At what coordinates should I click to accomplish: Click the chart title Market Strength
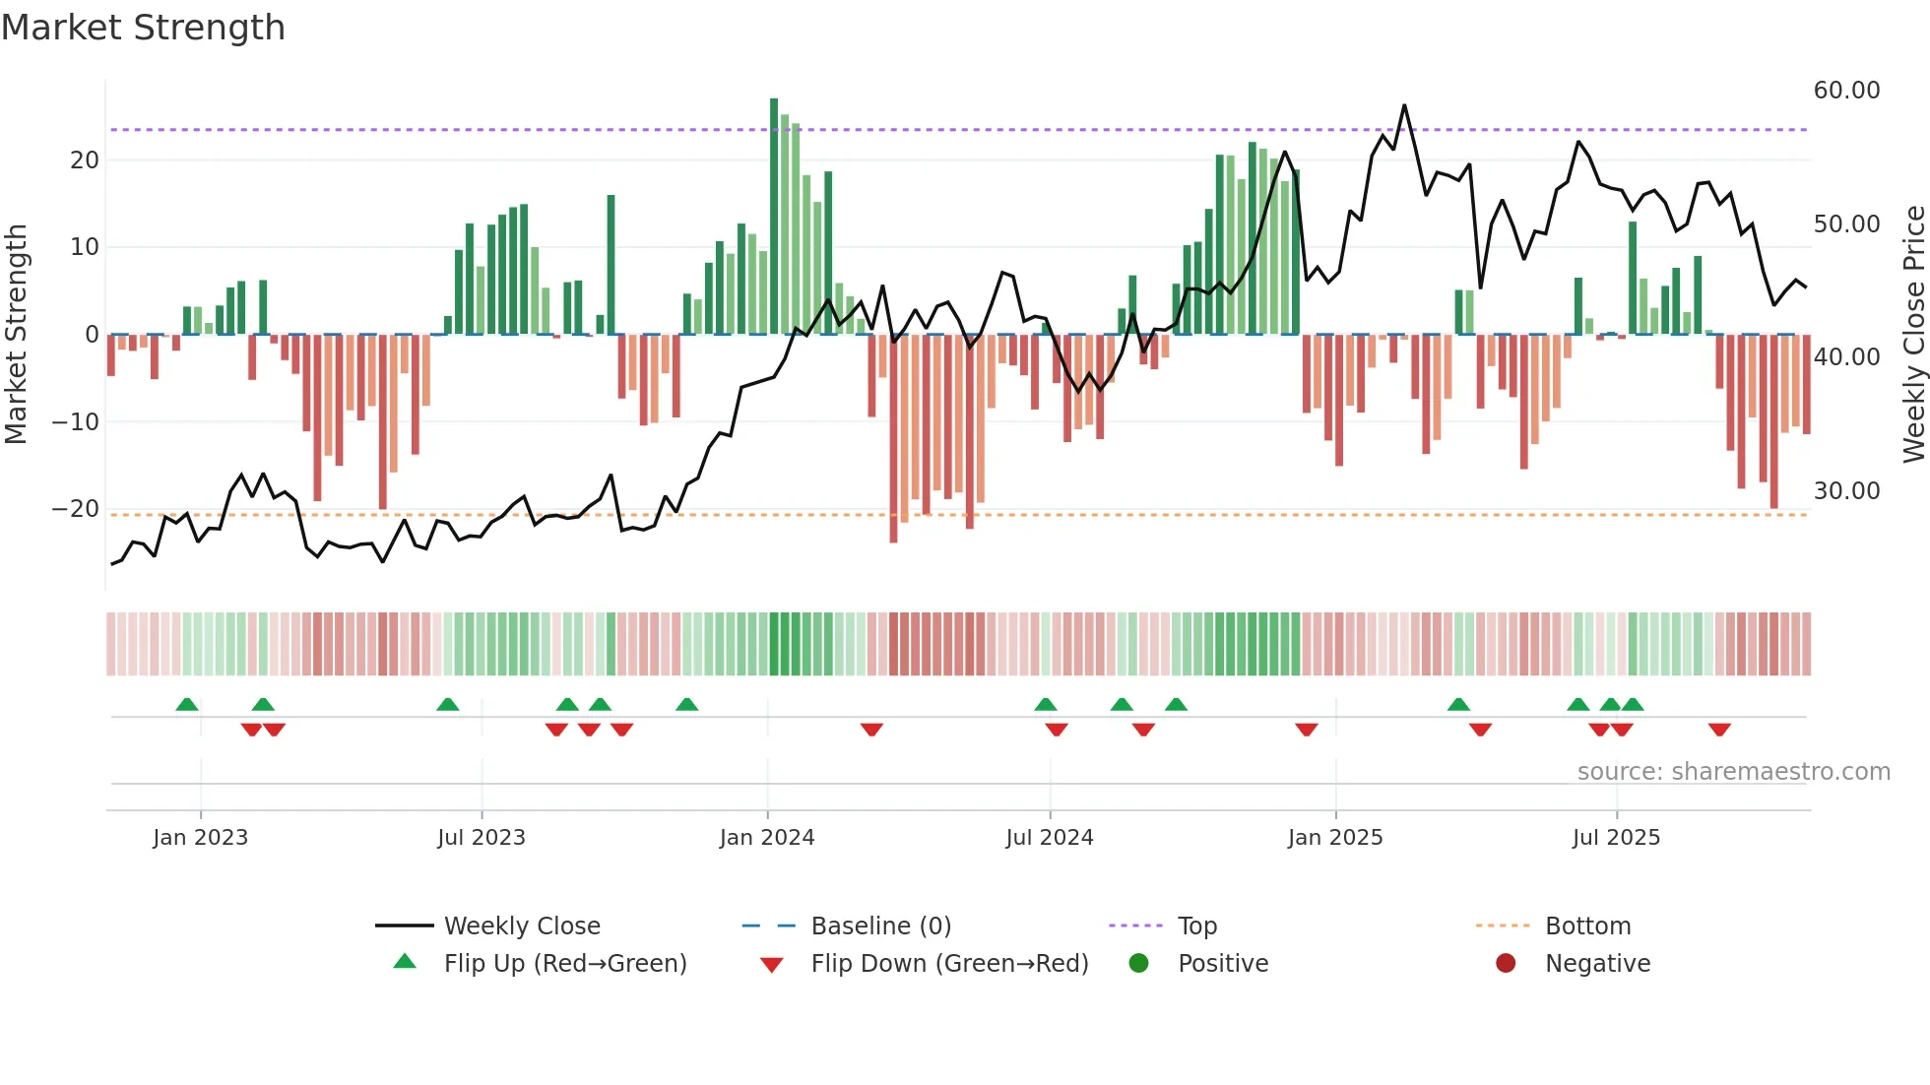pos(144,28)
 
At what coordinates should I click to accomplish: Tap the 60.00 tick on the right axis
pos(1846,91)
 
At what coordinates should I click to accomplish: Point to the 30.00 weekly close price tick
pos(1846,491)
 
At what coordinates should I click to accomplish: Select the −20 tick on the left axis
pos(76,509)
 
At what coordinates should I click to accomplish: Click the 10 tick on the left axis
pos(85,247)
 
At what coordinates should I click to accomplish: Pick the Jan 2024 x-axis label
pos(767,838)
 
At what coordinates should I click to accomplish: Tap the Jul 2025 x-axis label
pos(1616,838)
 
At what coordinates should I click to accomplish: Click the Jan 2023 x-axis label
pos(201,838)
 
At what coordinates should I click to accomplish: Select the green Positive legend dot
pos(1139,964)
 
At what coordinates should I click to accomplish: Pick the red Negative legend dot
pos(1506,964)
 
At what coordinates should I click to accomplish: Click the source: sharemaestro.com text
pos(1733,772)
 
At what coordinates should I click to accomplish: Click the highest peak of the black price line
pos(1404,105)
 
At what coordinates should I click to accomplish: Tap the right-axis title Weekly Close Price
pos(1913,335)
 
